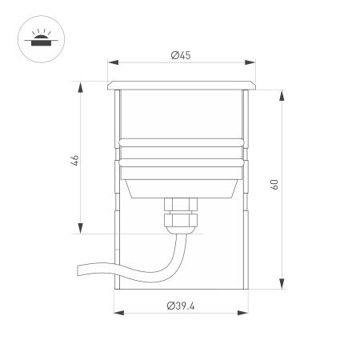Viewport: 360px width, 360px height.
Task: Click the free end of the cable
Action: tap(78, 270)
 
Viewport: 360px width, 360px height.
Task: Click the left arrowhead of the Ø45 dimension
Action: tap(110, 62)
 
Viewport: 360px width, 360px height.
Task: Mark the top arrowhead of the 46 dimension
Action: tap(81, 84)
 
